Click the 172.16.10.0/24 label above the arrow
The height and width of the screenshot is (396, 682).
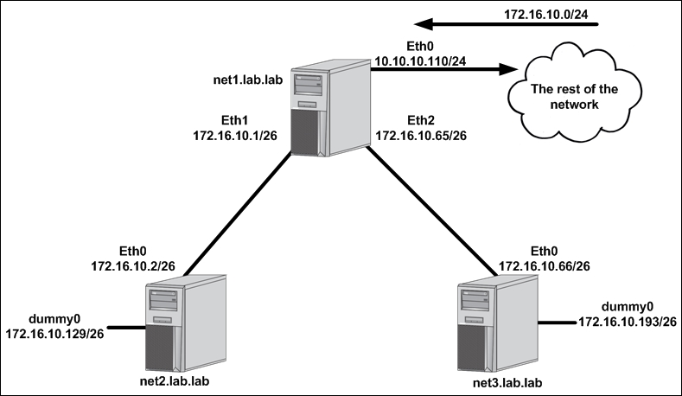coord(546,15)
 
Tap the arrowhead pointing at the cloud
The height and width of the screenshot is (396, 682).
coord(508,69)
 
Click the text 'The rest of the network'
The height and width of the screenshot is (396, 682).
coord(574,97)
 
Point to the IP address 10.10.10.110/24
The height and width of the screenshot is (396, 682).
coord(420,61)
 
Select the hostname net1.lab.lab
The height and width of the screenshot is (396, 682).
coord(248,80)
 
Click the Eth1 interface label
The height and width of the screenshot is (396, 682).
coord(234,120)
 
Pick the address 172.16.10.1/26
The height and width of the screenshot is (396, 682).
coord(235,136)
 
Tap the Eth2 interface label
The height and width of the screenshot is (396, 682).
coord(421,120)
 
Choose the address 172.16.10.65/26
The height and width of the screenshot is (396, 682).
coord(421,136)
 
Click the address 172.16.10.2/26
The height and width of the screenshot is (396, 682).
coord(132,266)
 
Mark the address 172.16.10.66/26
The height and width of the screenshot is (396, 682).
coord(544,266)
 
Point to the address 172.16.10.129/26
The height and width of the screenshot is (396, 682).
coord(54,334)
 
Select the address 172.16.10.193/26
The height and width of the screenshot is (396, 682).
coord(628,322)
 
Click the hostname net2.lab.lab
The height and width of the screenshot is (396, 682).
coord(175,381)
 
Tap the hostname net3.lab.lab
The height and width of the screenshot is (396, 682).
coord(507,383)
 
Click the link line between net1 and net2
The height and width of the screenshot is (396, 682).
coord(237,214)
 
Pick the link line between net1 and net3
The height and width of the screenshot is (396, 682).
coord(431,212)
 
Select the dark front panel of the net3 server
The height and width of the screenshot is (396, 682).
coord(471,348)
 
